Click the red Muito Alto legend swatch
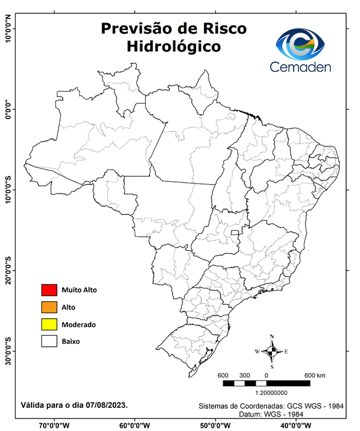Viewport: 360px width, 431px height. coord(49,290)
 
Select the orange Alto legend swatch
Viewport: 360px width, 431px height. coord(49,307)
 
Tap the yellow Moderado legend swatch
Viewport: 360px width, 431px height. coord(49,324)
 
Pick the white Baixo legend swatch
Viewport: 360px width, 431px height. coord(49,341)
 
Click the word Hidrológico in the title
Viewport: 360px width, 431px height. coord(173,46)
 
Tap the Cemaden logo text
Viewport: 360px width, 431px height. coord(301,67)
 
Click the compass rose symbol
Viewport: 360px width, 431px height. coord(272,352)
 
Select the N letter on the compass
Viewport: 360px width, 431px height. coord(272,337)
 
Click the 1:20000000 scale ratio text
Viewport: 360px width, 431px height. coord(271,394)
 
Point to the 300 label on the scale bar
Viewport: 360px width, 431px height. coord(244,375)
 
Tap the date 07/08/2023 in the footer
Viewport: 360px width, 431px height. coord(107,405)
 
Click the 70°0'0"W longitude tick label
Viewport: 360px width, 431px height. coord(54,425)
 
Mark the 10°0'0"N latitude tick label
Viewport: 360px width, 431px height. coord(8,29)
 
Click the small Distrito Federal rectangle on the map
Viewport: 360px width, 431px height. coord(234,232)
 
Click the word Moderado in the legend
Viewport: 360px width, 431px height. coord(79,324)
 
